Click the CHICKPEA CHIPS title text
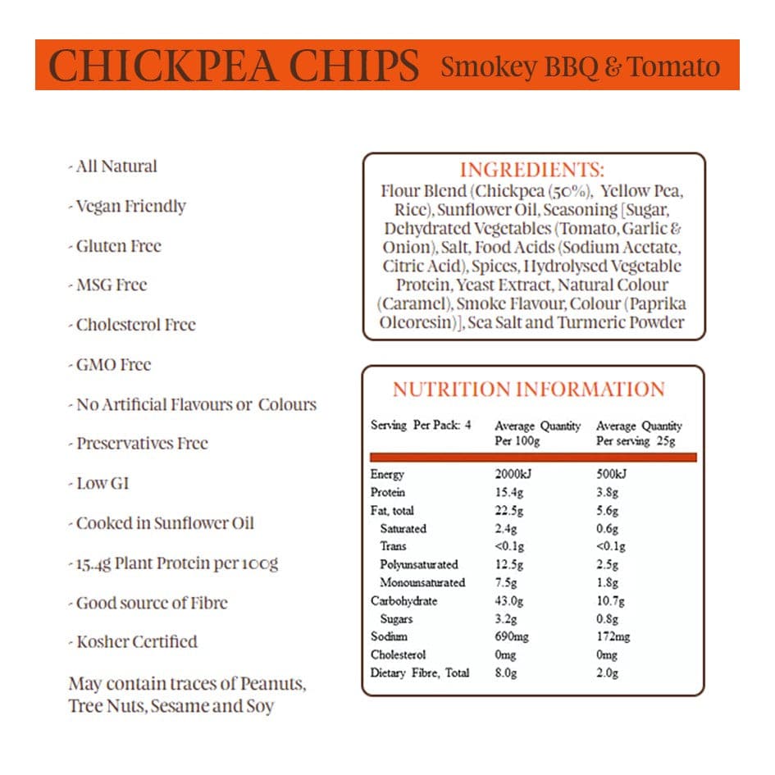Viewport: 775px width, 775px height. pos(234,66)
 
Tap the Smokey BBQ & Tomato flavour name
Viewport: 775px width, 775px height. pos(580,66)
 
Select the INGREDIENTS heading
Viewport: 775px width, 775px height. pos(532,171)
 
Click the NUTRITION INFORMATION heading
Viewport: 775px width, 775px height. pos(528,389)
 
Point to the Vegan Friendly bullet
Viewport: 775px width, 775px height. pos(130,206)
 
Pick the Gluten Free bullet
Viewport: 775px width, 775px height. pos(118,246)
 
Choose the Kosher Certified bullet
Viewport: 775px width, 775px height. pos(136,641)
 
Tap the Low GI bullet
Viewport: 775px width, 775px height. pos(103,483)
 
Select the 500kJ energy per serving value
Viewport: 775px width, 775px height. pos(611,474)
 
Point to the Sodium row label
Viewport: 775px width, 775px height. pos(389,636)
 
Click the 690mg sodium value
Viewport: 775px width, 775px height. pos(512,636)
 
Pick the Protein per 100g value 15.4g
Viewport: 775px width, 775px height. pos(509,492)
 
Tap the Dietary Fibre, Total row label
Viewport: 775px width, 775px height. pos(420,672)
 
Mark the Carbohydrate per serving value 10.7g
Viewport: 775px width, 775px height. pos(611,600)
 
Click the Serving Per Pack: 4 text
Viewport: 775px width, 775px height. pos(421,426)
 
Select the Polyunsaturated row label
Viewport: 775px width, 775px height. pos(419,564)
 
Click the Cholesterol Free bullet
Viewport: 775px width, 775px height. pos(135,325)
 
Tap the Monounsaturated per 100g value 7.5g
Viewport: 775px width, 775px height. pos(507,582)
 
